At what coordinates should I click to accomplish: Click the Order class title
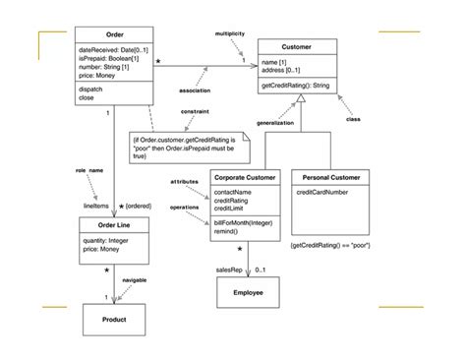tap(115, 33)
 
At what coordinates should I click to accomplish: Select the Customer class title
tap(306, 46)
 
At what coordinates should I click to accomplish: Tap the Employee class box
tap(247, 293)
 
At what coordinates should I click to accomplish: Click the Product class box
tap(114, 320)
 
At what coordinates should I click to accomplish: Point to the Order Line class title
tap(113, 224)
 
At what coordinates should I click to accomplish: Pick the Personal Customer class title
tap(330, 177)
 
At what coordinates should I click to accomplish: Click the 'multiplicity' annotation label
tap(231, 34)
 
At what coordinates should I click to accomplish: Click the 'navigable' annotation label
tap(135, 281)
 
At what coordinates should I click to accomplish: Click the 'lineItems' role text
tap(95, 206)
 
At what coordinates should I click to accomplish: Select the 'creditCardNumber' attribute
tap(323, 193)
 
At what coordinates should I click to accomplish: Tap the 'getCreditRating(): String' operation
tap(306, 88)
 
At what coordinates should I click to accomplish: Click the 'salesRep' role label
tap(228, 270)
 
